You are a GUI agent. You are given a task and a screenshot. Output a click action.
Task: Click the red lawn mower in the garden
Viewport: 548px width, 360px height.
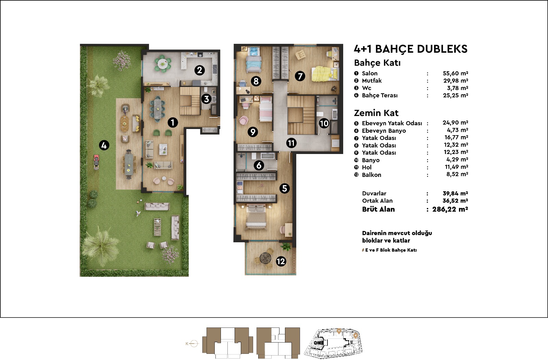pos(97,162)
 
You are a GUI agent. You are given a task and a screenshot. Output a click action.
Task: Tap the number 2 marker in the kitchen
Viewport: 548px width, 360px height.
pos(200,70)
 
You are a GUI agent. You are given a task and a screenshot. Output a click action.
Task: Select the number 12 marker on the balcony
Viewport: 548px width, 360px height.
pos(281,261)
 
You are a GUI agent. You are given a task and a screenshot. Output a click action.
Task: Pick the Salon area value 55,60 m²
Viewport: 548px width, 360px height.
pos(455,73)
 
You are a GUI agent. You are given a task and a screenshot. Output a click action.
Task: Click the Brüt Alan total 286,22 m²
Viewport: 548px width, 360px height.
pos(450,209)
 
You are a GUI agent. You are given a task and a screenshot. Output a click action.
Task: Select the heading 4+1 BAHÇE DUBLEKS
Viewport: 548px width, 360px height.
pos(411,49)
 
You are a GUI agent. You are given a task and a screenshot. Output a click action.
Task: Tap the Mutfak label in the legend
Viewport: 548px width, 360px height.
pos(372,81)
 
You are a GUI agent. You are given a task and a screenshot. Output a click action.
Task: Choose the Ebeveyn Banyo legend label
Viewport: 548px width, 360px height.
pos(384,131)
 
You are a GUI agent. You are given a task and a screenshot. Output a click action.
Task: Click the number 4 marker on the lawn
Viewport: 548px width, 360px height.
pos(104,145)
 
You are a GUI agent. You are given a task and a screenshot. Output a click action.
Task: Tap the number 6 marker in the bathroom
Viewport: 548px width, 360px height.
pos(259,166)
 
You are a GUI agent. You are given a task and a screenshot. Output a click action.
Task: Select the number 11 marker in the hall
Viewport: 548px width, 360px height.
pos(291,143)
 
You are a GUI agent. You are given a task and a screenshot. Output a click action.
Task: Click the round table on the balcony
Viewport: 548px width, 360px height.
pos(265,258)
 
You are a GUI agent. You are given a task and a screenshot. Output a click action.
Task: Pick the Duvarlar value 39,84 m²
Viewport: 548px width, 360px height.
pos(455,194)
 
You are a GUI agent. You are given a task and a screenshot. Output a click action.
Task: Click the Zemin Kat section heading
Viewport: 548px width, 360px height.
pos(376,113)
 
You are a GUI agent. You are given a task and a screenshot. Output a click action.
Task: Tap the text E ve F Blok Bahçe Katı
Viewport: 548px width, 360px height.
pos(391,250)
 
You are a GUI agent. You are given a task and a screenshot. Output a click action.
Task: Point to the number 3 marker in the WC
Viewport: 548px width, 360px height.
pos(207,99)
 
